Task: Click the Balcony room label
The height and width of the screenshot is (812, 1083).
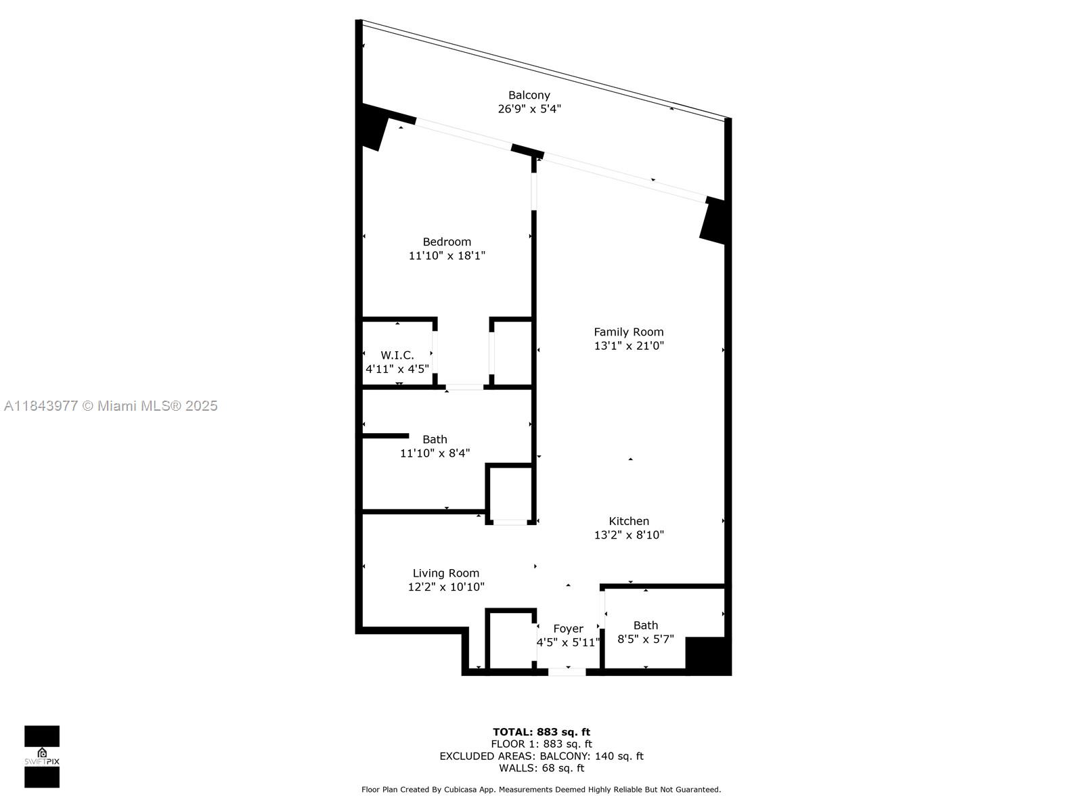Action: tap(529, 95)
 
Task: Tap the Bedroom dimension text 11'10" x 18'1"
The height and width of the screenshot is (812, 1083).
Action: tap(447, 256)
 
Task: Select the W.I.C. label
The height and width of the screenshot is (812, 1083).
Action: tap(397, 355)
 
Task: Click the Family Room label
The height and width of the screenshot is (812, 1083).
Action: tap(628, 332)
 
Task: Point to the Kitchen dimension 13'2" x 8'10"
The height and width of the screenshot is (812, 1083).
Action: tap(629, 535)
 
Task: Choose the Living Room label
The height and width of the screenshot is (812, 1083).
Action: tap(445, 573)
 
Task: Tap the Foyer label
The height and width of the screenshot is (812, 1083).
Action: tap(568, 629)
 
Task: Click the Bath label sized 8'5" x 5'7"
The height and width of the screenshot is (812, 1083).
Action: tap(645, 625)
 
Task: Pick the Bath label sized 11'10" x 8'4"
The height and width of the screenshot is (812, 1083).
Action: tap(435, 439)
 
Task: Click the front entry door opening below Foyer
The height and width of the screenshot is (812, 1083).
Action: tap(567, 671)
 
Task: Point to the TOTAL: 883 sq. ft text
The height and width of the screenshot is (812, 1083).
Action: tap(541, 731)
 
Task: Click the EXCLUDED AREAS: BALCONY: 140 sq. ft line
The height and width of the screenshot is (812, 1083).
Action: tap(541, 756)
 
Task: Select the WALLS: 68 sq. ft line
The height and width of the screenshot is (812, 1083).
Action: tap(541, 768)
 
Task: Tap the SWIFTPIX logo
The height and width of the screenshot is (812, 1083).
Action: tap(42, 757)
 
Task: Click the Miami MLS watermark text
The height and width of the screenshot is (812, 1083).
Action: tap(111, 406)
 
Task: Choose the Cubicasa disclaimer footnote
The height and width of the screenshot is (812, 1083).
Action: tap(541, 790)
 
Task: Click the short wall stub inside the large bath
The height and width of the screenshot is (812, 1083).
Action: tap(386, 436)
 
